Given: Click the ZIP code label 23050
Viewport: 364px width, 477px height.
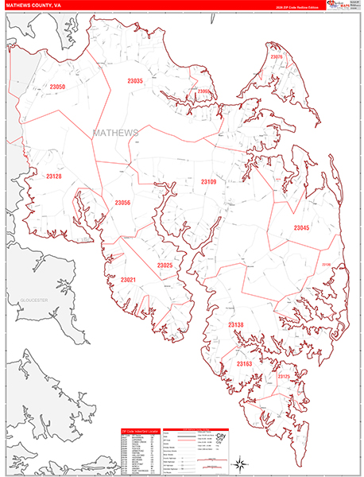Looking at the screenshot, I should [x=58, y=86].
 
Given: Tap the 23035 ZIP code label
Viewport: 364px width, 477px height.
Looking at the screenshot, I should [x=135, y=81].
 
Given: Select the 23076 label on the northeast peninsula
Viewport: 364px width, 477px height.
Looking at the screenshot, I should [x=277, y=57].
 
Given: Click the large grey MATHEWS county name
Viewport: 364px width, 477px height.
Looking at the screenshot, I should [x=116, y=132].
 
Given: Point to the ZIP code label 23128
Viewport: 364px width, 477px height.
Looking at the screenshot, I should [x=54, y=176].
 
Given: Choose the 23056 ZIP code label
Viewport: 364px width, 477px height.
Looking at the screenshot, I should [x=122, y=203].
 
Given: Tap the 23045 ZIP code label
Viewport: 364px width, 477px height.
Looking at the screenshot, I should [x=301, y=228].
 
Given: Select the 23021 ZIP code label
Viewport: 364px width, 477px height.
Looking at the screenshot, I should [x=128, y=279].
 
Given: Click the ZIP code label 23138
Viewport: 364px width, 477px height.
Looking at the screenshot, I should [x=236, y=325].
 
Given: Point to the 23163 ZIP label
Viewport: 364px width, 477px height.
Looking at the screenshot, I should [x=244, y=363].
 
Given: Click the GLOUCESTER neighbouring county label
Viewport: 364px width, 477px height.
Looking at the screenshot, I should [x=34, y=300].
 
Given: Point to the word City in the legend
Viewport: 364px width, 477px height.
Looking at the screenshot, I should [x=223, y=436].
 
